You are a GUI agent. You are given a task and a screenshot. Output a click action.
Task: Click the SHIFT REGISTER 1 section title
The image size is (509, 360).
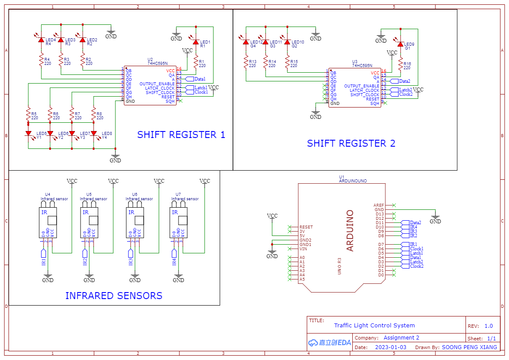(x=181, y=135)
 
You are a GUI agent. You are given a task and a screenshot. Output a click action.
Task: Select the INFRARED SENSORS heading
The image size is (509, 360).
(x=114, y=296)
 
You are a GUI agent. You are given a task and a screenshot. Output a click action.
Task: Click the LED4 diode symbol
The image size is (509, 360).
(x=41, y=40)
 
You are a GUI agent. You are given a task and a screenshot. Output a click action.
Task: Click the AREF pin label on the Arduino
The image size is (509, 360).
(x=379, y=205)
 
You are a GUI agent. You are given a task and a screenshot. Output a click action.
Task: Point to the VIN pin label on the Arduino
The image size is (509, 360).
(x=303, y=249)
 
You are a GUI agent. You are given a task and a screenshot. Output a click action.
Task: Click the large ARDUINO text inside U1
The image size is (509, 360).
(x=350, y=231)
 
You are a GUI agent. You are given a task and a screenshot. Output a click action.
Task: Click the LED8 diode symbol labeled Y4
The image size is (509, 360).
(x=94, y=133)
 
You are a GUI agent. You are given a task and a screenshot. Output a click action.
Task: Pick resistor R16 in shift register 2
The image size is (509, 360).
(x=401, y=66)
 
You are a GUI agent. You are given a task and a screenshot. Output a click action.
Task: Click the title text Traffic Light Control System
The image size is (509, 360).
(x=374, y=326)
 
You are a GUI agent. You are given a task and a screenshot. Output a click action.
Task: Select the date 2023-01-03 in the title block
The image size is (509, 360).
(x=390, y=347)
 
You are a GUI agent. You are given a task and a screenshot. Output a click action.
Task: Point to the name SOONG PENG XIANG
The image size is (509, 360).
(x=469, y=347)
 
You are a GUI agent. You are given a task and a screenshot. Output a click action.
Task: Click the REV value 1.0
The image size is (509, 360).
(x=488, y=326)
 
